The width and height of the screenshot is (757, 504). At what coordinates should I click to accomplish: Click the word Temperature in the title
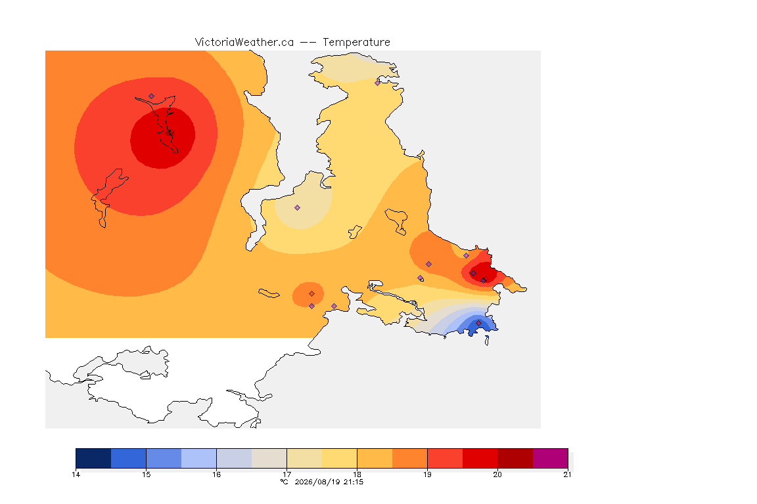pyautogui.click(x=356, y=43)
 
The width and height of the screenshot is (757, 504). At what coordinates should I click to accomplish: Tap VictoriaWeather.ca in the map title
pyautogui.click(x=244, y=43)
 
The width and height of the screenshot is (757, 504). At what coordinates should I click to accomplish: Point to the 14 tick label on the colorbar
pyautogui.click(x=76, y=474)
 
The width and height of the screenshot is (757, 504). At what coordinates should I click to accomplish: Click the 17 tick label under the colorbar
pyautogui.click(x=287, y=474)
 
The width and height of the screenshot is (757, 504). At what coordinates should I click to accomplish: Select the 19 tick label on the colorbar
pyautogui.click(x=427, y=474)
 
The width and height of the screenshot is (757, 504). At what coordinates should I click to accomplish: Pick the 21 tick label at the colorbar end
pyautogui.click(x=567, y=474)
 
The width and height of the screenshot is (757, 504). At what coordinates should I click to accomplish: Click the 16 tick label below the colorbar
pyautogui.click(x=216, y=474)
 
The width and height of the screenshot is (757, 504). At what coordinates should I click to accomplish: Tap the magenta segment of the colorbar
pyautogui.click(x=551, y=458)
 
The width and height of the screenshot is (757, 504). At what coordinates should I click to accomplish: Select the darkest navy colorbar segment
pyautogui.click(x=94, y=458)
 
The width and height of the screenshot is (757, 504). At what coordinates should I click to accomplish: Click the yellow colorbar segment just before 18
pyautogui.click(x=339, y=458)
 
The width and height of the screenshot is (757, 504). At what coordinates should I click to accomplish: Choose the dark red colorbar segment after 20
pyautogui.click(x=515, y=458)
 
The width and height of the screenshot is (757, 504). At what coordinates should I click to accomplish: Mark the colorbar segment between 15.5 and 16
pyautogui.click(x=199, y=458)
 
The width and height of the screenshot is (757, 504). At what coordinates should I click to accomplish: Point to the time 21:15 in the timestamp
pyautogui.click(x=354, y=482)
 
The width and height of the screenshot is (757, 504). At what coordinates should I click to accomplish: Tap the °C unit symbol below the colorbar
pyautogui.click(x=285, y=482)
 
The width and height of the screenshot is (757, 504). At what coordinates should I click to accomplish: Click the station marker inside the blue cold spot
pyautogui.click(x=478, y=323)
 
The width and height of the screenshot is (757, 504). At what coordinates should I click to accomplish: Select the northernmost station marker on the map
pyautogui.click(x=378, y=83)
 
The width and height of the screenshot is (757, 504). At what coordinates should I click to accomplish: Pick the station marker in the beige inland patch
pyautogui.click(x=298, y=208)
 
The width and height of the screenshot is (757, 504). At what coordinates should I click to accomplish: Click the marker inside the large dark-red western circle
pyautogui.click(x=171, y=133)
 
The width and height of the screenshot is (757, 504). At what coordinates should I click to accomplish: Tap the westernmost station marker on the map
pyautogui.click(x=152, y=96)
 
